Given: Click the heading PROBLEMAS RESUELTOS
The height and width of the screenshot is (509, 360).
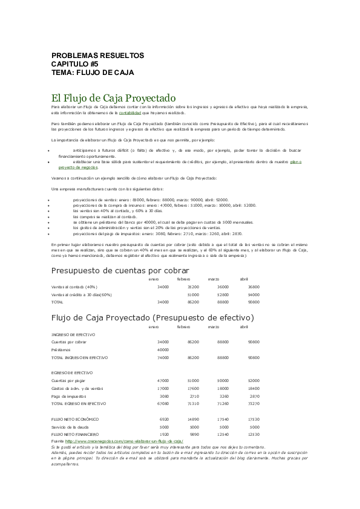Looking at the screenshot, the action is pos(97,56).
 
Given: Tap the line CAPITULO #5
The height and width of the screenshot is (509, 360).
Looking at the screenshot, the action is pos(75,63).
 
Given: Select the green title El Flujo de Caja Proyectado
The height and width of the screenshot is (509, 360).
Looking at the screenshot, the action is pos(113,97).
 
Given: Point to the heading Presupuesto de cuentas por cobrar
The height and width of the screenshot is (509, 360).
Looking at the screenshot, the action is pos(120,270).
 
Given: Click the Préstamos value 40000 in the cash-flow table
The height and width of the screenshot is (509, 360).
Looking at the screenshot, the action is pos(163,349).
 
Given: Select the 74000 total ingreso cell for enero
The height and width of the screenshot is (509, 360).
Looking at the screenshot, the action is pos(163,357).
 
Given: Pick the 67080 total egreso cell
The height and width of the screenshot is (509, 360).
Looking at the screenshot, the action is pos(163,403).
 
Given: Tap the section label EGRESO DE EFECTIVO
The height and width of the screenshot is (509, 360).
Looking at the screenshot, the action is pos(71,373).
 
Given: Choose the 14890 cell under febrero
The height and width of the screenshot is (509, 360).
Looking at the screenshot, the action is pos(193,419).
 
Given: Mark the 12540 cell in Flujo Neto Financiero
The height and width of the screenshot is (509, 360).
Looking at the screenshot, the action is pos(223,434).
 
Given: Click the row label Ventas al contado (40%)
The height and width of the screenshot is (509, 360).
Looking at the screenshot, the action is pos(74,287).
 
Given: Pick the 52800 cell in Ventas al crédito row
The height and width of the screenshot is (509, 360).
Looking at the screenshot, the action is pos(223,294).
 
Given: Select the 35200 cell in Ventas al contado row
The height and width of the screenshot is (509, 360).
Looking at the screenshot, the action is pos(193,287).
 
